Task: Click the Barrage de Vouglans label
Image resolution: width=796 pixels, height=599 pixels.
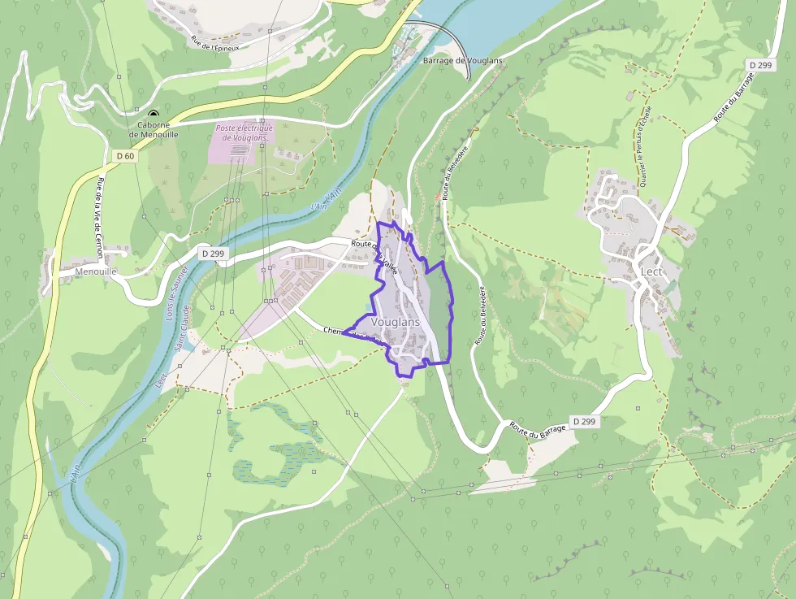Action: pos(462,61)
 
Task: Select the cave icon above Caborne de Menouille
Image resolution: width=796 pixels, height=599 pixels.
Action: pos(153,114)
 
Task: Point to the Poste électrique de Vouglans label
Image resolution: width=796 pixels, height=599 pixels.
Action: pos(244,132)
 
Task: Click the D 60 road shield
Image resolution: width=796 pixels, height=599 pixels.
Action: pos(124,155)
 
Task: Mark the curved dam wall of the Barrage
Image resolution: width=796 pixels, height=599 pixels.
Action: pos(453,41)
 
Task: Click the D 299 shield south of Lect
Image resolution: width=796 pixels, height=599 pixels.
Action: pos(583,421)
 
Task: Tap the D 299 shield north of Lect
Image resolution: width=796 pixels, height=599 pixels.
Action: pos(760,65)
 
